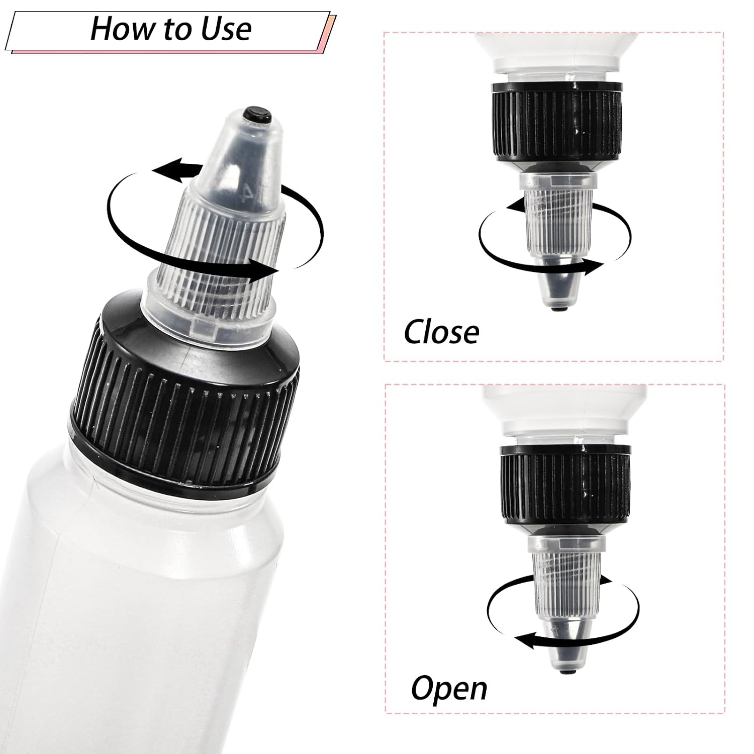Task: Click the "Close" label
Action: pyautogui.click(x=441, y=332)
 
